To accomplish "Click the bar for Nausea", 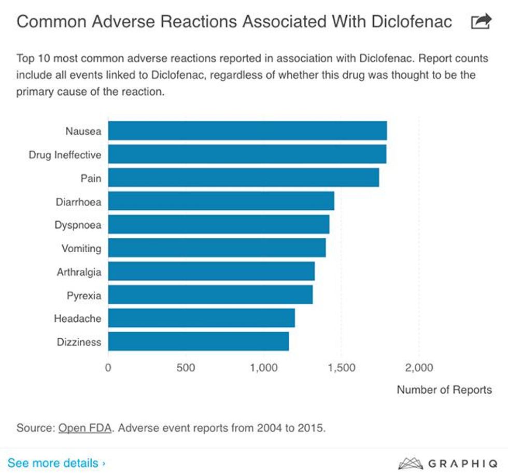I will (247, 131).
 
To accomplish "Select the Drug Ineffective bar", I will (247, 154).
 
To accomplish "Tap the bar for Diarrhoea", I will (221, 201).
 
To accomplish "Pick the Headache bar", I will (201, 318).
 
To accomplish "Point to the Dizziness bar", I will (198, 342).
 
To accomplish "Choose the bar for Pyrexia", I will (210, 295).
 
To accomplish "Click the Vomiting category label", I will (81, 248).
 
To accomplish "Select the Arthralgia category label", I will (79, 271).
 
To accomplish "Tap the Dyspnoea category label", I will (78, 225).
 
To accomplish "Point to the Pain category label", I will (91, 178).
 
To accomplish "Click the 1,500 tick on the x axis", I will (342, 368).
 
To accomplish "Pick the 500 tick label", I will (185, 368).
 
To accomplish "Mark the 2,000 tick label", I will (418, 368).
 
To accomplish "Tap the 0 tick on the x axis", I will (108, 368).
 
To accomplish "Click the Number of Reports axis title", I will (444, 390).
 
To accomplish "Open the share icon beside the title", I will (481, 22).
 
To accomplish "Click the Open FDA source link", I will (85, 428).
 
